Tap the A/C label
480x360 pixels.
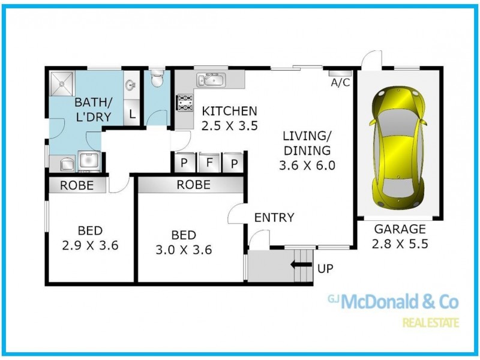(340, 83)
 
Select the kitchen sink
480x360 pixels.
(211, 80)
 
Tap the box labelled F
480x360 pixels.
(210, 162)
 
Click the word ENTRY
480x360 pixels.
(274, 217)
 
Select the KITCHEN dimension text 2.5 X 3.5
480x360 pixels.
(229, 126)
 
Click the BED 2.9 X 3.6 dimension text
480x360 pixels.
(90, 245)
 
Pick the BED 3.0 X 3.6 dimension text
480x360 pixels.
(183, 250)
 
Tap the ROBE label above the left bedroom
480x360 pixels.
(77, 185)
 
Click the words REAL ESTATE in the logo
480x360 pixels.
(430, 323)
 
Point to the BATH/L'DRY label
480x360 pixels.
(92, 109)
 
